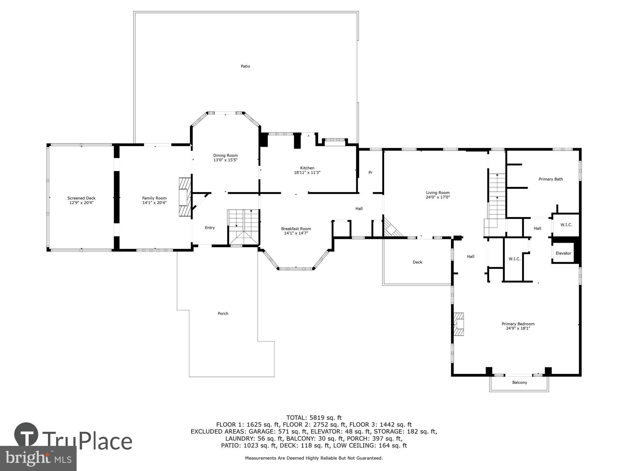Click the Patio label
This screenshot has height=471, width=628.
click(245, 66)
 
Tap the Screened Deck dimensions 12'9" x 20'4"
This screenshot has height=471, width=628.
click(81, 203)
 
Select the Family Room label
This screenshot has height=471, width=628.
click(154, 198)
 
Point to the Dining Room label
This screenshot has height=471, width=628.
click(225, 155)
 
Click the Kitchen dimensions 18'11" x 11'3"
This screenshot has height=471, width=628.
click(307, 173)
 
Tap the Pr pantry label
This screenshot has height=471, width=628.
click(370, 172)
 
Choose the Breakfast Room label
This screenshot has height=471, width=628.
click(296, 229)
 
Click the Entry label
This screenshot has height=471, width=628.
click(210, 228)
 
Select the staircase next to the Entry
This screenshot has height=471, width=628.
click(243, 227)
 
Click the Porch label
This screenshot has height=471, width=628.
click(223, 313)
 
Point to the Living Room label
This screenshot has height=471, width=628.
click(438, 193)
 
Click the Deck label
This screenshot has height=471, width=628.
click(417, 262)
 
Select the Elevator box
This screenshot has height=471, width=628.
click(563, 253)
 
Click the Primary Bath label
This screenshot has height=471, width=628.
click(550, 179)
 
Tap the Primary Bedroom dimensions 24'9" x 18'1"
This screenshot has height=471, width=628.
click(518, 328)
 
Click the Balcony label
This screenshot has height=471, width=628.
click(519, 382)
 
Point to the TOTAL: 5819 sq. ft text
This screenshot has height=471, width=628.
click(314, 418)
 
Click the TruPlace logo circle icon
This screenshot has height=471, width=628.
click(26, 435)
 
